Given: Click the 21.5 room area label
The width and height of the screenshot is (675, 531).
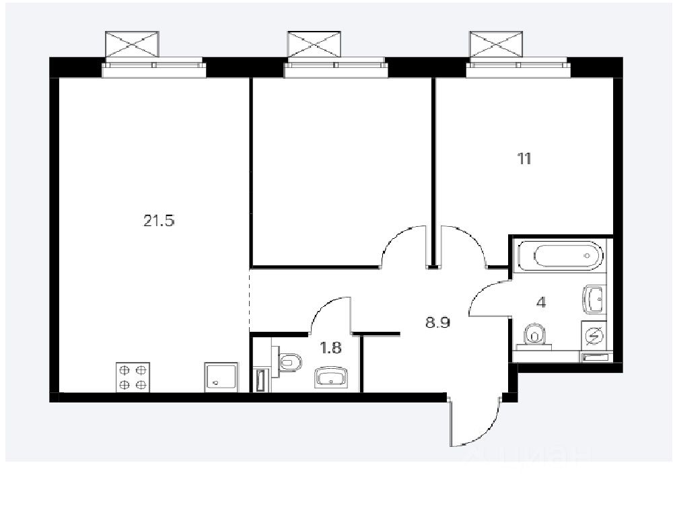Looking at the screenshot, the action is coord(159,220).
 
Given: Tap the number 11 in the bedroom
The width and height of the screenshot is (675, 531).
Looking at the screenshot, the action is coord(524,160).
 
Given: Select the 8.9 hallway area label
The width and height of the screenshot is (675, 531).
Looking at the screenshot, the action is coord(437,322).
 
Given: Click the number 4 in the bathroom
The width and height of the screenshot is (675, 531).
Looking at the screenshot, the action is coord(541,302).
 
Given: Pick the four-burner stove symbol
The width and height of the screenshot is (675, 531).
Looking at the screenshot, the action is coord(133,378).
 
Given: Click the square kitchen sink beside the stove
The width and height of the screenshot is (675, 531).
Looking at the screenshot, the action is coord(221,378).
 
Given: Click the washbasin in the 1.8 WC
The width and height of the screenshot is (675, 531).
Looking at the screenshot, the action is coord(330,378).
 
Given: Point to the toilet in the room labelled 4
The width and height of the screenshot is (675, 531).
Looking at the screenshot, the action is coord(534,334).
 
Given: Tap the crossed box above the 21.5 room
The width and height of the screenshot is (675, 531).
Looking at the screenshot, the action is coord(133,45).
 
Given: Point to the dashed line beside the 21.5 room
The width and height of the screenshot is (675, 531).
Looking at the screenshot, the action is coord(250,300).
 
